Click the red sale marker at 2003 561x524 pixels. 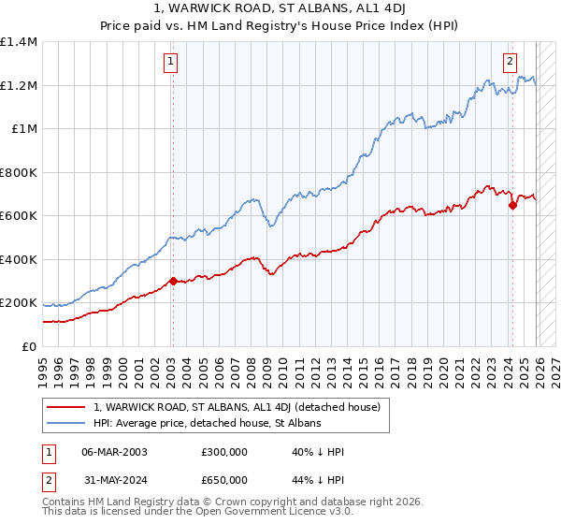[173, 281]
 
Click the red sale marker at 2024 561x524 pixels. [512, 206]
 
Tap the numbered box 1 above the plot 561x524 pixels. [172, 63]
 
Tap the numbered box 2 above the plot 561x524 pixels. [510, 63]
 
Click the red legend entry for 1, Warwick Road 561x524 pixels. [237, 407]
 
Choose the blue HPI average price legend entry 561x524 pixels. [207, 423]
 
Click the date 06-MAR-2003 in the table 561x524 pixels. [114, 451]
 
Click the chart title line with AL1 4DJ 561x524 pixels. [280, 10]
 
